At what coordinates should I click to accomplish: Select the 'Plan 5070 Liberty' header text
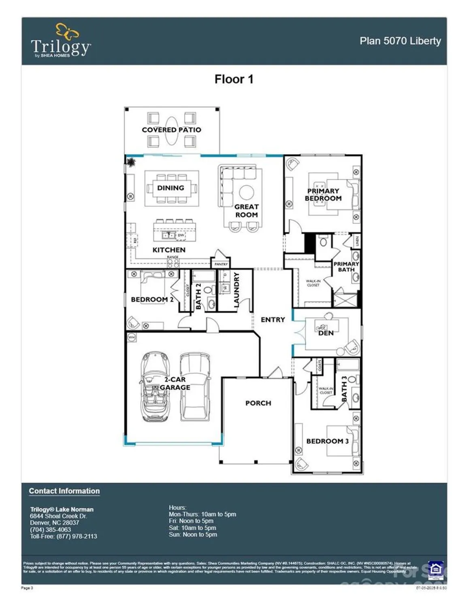(400, 41)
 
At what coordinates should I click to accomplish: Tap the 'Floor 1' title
(234, 79)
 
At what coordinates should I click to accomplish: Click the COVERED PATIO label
(171, 130)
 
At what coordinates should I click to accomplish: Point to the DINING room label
(171, 188)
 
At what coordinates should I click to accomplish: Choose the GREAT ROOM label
(246, 211)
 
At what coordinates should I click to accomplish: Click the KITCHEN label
(169, 250)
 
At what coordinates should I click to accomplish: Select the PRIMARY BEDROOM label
(323, 195)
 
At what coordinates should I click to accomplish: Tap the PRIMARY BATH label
(346, 267)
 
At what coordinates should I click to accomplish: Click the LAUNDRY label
(237, 290)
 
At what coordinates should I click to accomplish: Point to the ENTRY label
(273, 320)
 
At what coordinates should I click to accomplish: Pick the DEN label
(326, 333)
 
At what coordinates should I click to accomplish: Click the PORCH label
(258, 403)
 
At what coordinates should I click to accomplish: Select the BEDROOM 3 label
(327, 441)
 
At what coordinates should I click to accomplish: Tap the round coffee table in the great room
(246, 192)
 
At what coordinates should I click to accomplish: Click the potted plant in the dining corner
(131, 163)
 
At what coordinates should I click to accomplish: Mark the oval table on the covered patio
(172, 131)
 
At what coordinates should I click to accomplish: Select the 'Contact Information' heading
(64, 491)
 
